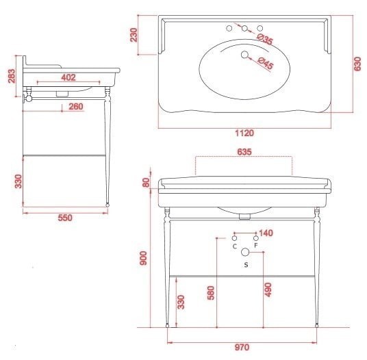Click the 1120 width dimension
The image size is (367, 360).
click(244, 133)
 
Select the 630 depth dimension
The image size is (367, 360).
click(357, 64)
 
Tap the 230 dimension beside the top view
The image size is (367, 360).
click(134, 35)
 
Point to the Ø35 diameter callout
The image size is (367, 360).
click(265, 39)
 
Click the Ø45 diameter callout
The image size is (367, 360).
click(266, 63)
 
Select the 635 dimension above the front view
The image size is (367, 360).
click(244, 152)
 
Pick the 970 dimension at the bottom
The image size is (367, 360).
click(242, 348)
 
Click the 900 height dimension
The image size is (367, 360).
click(143, 258)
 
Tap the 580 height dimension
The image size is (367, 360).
click(211, 293)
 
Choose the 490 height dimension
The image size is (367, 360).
click(268, 290)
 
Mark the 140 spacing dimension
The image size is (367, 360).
click(266, 233)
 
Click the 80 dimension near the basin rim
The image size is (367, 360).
click(146, 183)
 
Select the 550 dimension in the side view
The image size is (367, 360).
click(65, 218)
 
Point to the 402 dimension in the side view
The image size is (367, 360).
click(68, 77)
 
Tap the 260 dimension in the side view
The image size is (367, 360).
click(76, 107)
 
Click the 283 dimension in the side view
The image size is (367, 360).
click(12, 76)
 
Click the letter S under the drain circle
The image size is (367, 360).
click(246, 265)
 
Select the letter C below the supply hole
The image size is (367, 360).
click(235, 246)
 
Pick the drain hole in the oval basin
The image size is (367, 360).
click(244, 55)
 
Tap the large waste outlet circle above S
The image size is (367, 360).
click(245, 252)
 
